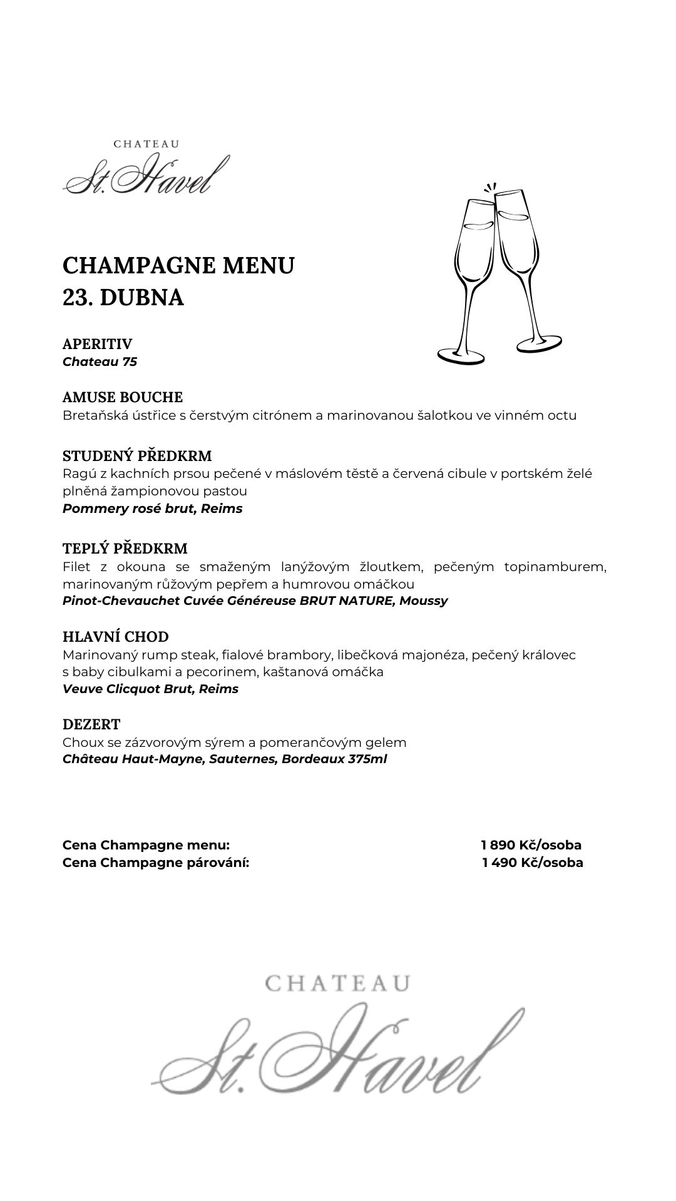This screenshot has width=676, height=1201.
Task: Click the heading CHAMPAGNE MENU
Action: (178, 265)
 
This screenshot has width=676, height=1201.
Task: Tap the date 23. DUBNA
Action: (123, 298)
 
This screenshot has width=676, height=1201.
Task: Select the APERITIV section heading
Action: (97, 344)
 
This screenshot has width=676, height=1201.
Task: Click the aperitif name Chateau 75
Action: (100, 362)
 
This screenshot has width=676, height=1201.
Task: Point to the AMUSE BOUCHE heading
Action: (123, 397)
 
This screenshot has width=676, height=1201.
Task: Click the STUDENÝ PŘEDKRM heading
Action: (137, 455)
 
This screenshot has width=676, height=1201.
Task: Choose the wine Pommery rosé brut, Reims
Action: (152, 509)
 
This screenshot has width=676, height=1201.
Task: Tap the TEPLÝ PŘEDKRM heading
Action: (125, 549)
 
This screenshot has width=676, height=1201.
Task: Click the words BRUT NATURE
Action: (354, 600)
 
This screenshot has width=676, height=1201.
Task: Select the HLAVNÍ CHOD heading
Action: (116, 637)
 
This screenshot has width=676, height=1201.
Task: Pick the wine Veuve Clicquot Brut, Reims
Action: (150, 689)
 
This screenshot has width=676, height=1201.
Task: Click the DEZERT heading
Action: (91, 724)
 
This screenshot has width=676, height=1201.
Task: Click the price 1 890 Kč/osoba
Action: (531, 845)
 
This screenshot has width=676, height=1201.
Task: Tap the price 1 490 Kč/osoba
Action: (532, 863)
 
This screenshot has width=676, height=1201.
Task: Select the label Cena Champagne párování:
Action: (156, 863)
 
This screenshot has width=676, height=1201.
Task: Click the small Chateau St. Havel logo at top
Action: (146, 168)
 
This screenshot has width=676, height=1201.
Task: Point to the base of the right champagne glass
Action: (538, 343)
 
